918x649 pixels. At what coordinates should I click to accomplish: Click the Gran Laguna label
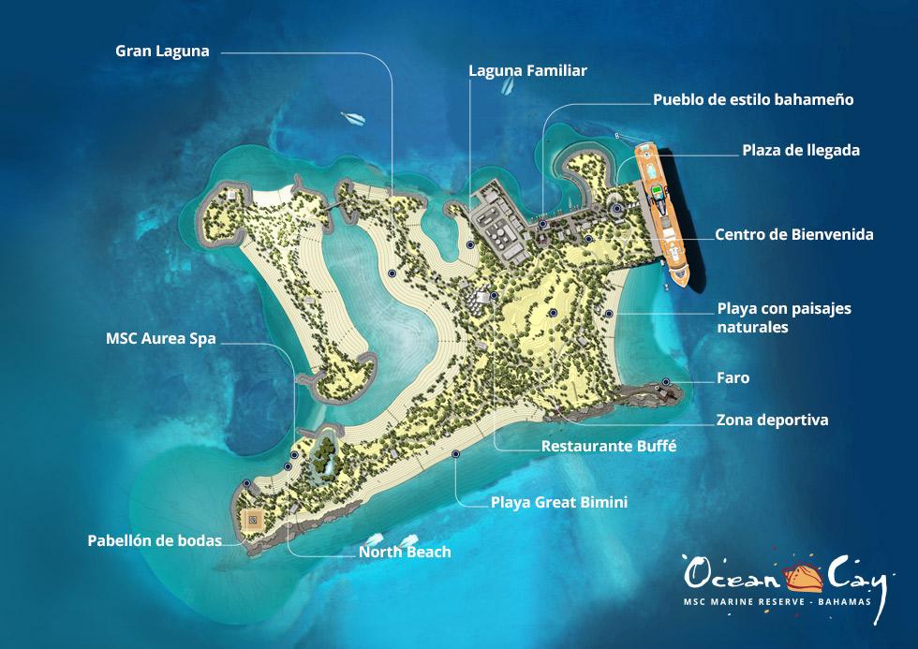click(162, 51)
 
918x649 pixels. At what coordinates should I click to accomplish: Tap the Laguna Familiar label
click(527, 70)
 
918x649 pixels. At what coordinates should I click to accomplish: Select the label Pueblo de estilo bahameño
click(753, 99)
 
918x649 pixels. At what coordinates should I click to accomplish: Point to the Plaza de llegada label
click(801, 150)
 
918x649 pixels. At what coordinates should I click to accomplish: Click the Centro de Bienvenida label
click(793, 234)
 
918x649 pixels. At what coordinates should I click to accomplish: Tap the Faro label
click(733, 377)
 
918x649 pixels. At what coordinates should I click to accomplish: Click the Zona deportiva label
click(772, 420)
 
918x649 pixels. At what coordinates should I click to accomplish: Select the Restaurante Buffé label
click(609, 447)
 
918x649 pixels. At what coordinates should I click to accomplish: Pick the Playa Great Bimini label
click(559, 503)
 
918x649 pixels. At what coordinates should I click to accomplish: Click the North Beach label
click(405, 552)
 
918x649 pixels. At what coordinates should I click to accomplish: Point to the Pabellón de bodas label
click(155, 540)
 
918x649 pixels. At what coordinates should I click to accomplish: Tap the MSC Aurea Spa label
click(160, 339)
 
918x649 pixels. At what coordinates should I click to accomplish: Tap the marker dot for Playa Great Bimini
click(455, 454)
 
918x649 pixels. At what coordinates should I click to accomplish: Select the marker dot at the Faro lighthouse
click(665, 382)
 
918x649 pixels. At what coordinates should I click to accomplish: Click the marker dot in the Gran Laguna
click(391, 273)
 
